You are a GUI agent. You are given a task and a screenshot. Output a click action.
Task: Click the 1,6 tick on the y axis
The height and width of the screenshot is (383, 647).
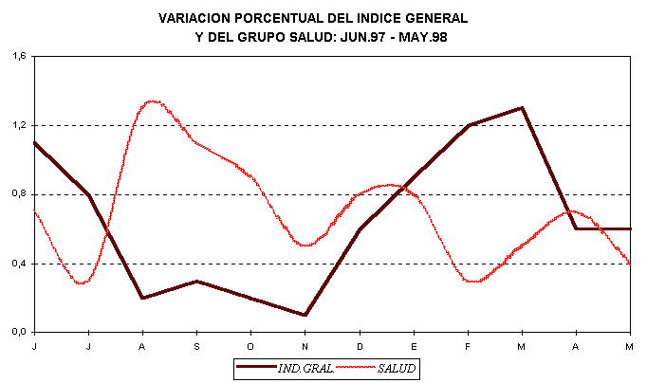(18, 56)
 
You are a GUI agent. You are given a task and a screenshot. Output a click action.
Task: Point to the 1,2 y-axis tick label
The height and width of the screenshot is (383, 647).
(18, 125)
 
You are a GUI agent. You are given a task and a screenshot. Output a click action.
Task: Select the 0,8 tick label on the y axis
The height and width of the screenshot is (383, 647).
(18, 194)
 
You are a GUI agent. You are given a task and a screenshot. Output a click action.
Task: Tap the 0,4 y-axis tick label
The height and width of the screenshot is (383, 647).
(18, 264)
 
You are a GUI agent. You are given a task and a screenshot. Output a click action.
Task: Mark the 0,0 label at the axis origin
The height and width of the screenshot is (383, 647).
(18, 333)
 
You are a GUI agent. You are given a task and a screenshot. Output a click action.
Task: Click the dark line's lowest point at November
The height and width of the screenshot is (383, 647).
(305, 315)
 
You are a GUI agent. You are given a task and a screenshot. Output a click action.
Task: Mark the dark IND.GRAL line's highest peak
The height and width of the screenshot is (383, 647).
(522, 108)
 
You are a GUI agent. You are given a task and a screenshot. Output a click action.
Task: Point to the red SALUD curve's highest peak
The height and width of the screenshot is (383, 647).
(152, 100)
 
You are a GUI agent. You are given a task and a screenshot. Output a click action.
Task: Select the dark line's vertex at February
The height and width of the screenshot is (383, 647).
(469, 125)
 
